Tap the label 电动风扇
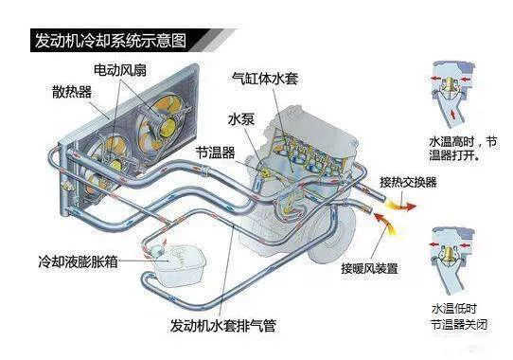point(119,70)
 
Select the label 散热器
point(74,92)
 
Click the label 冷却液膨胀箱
point(78,259)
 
